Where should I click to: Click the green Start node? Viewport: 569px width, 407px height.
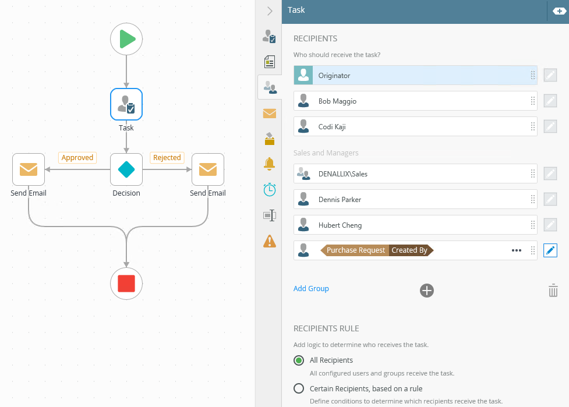(x=126, y=39)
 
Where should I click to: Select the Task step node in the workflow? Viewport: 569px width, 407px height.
(x=126, y=104)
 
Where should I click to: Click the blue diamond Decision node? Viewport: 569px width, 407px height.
(x=126, y=169)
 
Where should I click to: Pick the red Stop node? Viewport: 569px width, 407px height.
(x=126, y=284)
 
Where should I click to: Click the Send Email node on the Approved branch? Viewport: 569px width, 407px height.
(x=29, y=169)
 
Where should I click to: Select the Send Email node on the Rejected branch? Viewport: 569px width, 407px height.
(x=208, y=169)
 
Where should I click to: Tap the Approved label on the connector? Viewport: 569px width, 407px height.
(x=77, y=158)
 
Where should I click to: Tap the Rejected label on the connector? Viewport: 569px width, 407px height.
(x=167, y=158)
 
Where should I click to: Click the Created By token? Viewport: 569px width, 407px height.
(x=409, y=250)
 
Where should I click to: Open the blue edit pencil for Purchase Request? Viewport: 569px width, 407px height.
(x=550, y=250)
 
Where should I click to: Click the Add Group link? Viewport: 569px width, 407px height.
(x=311, y=289)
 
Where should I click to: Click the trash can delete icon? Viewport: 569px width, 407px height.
(x=553, y=291)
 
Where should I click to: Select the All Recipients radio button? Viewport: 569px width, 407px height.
(x=299, y=360)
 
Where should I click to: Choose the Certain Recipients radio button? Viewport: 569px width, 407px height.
(x=299, y=388)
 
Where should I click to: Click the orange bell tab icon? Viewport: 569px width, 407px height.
(x=269, y=164)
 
